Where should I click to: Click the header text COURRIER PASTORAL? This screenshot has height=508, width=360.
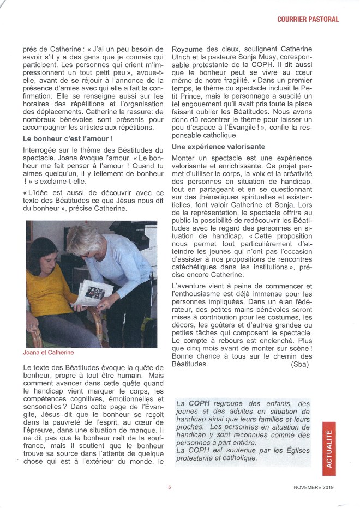(308, 19)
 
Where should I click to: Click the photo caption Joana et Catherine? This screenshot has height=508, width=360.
(48, 353)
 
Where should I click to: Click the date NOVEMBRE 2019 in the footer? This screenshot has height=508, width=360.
(313, 488)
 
